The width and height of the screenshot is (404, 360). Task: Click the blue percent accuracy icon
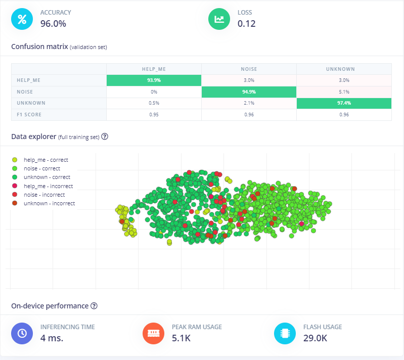[22, 19]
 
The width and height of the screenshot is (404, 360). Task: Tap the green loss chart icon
[219, 19]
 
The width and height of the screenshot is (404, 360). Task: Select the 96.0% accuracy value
[53, 23]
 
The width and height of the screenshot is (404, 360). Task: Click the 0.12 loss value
[246, 23]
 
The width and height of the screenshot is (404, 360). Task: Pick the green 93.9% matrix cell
[154, 80]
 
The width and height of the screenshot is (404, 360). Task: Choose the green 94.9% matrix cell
[249, 92]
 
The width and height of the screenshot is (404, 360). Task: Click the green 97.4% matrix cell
[344, 103]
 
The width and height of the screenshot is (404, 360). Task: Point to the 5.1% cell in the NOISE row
[344, 92]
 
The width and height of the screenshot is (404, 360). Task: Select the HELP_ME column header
[154, 69]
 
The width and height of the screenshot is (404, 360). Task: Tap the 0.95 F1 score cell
[154, 115]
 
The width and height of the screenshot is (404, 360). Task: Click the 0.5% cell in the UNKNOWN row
[154, 103]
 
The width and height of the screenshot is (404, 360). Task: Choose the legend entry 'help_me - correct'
[46, 160]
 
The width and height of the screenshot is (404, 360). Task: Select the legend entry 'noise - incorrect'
[44, 195]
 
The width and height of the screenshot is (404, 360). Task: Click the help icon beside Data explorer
[105, 137]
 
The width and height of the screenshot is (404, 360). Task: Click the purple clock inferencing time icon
[22, 333]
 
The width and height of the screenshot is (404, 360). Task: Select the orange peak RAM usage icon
[153, 333]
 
